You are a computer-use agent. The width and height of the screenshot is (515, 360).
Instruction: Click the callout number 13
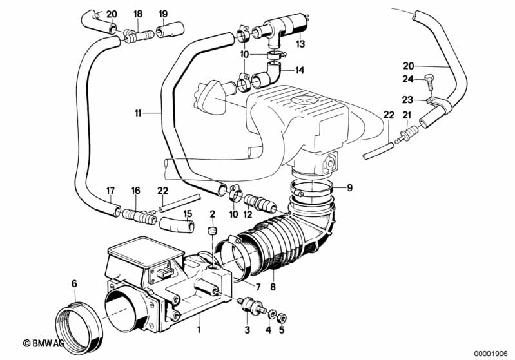click(x=300, y=44)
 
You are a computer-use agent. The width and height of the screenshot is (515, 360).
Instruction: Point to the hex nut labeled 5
click(x=282, y=317)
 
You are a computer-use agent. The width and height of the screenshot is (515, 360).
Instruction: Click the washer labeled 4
click(x=272, y=315)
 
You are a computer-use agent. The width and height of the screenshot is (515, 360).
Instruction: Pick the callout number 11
click(x=138, y=113)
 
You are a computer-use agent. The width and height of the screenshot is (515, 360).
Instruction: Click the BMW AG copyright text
click(x=43, y=343)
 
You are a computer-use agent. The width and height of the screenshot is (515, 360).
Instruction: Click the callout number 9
click(x=349, y=187)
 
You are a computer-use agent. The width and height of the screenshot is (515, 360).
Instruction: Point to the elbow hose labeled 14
click(x=267, y=75)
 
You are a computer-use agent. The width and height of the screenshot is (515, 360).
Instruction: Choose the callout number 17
click(x=111, y=191)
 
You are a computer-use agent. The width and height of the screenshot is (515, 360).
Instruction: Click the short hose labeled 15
click(x=177, y=225)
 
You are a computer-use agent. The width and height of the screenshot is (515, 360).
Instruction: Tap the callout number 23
click(x=407, y=99)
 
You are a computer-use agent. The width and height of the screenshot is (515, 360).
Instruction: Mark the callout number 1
click(x=199, y=329)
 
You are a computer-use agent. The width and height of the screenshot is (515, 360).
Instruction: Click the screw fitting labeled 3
click(x=251, y=306)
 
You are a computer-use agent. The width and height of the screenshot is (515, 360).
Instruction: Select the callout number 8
click(x=273, y=287)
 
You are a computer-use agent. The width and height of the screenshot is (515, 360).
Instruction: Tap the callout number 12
click(x=248, y=214)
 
